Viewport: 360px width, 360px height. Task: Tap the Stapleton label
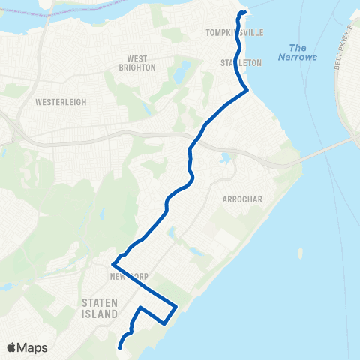click(241, 63)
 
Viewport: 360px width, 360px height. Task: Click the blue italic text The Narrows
click(298, 52)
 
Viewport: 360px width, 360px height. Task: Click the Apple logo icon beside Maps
click(12, 347)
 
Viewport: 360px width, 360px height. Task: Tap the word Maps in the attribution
click(33, 347)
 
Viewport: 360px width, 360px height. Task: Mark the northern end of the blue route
click(241, 13)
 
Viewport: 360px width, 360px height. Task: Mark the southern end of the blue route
click(120, 347)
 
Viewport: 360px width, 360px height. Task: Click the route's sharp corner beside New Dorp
click(112, 264)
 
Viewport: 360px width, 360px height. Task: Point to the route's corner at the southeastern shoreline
click(175, 306)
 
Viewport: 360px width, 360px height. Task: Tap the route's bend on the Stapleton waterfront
click(247, 90)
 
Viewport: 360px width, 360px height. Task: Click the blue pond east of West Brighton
click(182, 71)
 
